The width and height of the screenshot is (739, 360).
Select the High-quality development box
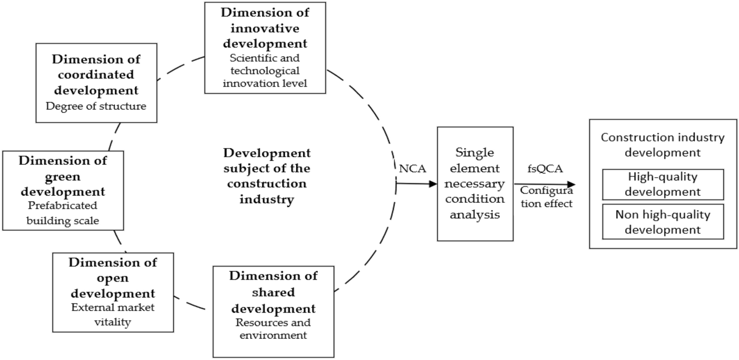pos(663,184)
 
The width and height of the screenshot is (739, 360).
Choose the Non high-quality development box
pos(663,222)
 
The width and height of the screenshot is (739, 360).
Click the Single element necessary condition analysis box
pos(475,183)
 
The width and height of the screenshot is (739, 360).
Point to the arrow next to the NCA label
pos(417,184)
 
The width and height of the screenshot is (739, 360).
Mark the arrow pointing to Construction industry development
pos(544,184)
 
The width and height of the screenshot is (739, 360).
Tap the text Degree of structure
pos(97,106)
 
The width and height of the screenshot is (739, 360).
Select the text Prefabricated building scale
pos(63,213)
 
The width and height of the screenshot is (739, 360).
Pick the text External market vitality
pos(113,315)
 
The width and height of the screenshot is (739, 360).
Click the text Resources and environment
pos(273,329)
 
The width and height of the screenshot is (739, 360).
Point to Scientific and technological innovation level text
pos(265,71)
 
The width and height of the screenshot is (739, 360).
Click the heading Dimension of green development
pos(63,176)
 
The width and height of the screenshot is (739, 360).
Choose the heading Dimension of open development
pos(113,278)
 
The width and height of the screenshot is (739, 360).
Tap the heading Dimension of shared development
pos(273,292)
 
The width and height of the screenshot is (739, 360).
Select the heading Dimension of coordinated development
pos(97,75)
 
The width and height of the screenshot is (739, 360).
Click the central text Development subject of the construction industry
pos(267,176)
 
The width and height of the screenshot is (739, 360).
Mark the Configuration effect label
pos(546,197)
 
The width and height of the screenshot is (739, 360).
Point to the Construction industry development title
pos(663,145)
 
